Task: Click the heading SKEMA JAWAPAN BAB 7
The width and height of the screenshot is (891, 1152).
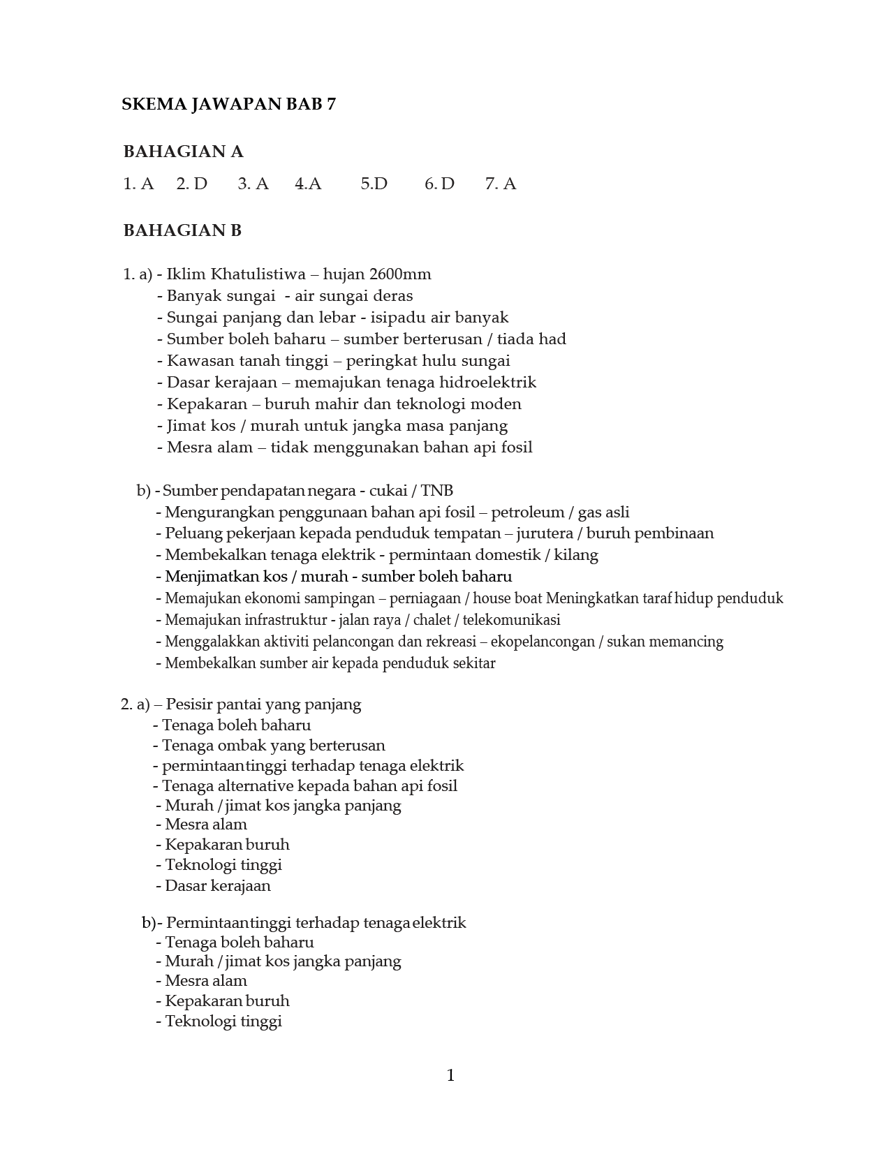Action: coord(228,105)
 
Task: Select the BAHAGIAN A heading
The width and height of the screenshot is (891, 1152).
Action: coord(183,152)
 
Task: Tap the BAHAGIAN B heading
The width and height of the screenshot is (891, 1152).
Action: coord(182,230)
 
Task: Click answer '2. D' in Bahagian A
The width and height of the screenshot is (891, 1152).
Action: coord(191,184)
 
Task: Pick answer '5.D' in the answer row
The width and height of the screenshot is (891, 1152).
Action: coord(374,184)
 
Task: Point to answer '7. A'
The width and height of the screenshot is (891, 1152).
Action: coord(500,184)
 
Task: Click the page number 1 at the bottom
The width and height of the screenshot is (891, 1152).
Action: coord(450,1075)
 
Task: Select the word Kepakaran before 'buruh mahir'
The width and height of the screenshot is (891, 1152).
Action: coord(207,404)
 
